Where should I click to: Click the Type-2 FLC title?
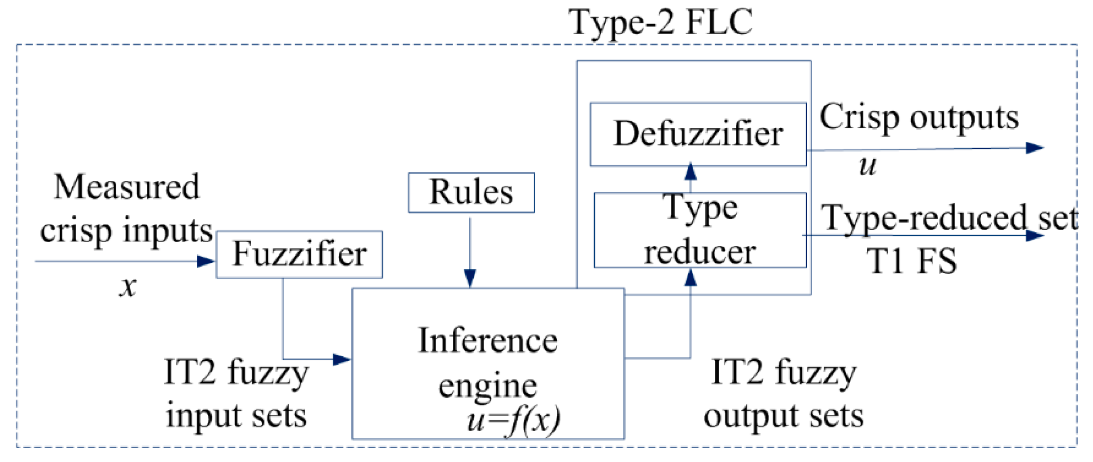(x=660, y=22)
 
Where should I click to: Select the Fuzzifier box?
(x=299, y=254)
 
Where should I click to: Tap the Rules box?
(x=471, y=192)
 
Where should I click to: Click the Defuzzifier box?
(x=698, y=134)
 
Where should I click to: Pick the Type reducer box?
(x=700, y=230)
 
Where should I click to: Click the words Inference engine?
(x=488, y=362)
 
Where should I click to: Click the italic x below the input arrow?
(x=128, y=286)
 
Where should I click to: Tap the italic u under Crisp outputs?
(x=867, y=166)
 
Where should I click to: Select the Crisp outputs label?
(x=919, y=118)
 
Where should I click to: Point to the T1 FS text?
(x=911, y=261)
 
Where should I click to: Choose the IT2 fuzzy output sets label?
(x=783, y=393)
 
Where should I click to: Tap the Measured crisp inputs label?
(x=127, y=209)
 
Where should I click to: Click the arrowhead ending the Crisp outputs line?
(x=1034, y=148)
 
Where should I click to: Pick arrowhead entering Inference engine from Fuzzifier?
(x=341, y=359)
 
